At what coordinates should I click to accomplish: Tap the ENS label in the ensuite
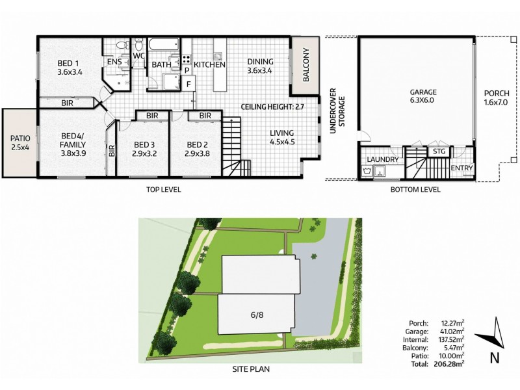click(x=114, y=62)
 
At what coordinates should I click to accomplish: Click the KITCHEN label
click(x=209, y=64)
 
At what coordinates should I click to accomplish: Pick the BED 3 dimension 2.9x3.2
click(x=142, y=155)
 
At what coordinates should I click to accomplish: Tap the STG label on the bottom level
click(x=439, y=152)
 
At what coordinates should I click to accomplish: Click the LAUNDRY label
click(x=382, y=159)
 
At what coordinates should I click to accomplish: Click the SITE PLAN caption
click(x=251, y=369)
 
